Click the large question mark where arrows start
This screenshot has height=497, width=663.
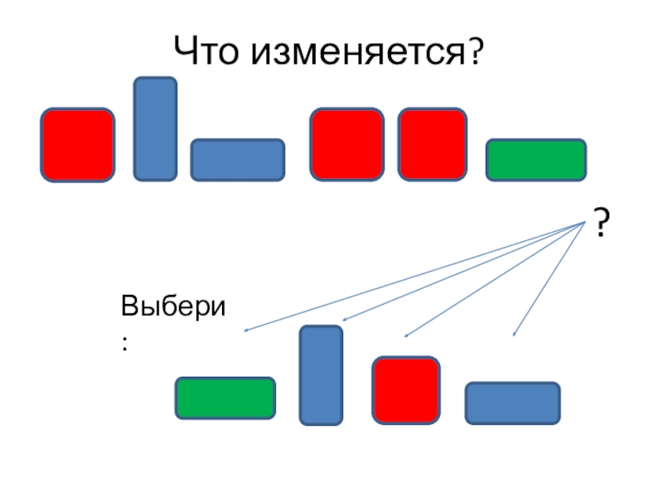[x=602, y=224]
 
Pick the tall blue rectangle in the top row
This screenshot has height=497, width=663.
[x=155, y=128]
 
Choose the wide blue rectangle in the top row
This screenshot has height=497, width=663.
[x=238, y=160]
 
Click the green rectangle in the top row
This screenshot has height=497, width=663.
[x=536, y=160]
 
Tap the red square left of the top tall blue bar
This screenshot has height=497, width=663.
[x=78, y=144]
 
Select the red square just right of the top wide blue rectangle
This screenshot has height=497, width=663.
[x=347, y=143]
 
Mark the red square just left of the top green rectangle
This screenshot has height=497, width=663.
[x=433, y=143]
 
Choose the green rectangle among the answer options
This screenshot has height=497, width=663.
[x=225, y=398]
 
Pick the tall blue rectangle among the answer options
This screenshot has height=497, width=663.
[x=321, y=375]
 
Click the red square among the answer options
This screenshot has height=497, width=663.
[x=406, y=389]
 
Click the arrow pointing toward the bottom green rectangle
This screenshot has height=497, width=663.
[x=414, y=277]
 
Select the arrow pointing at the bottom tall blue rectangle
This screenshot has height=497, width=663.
[x=464, y=271]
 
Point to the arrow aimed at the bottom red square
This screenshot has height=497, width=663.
[x=495, y=279]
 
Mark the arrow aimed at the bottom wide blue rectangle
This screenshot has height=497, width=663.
[x=549, y=277]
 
